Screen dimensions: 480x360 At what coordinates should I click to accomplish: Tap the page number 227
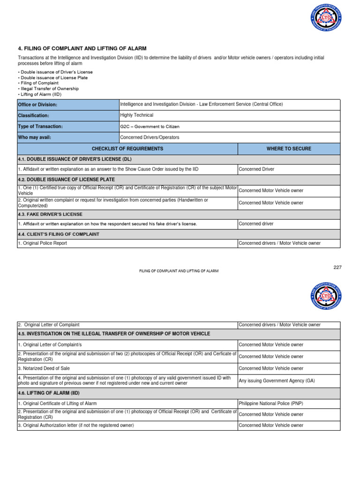[337, 267]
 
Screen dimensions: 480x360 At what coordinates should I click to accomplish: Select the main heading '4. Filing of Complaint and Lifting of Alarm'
[82, 48]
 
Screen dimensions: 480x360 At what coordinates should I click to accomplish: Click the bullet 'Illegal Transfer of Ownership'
[49, 89]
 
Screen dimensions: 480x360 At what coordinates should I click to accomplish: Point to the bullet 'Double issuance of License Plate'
[54, 77]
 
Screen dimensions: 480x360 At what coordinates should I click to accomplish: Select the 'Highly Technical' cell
[137, 115]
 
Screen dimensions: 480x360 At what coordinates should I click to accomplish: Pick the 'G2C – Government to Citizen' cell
[150, 127]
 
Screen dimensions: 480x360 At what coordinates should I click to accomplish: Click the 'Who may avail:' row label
[34, 137]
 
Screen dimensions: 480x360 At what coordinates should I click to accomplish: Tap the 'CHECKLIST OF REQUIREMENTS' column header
[127, 149]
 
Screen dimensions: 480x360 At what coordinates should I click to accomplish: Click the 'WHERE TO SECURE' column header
[289, 149]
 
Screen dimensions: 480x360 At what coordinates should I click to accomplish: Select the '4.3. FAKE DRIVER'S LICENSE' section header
[50, 214]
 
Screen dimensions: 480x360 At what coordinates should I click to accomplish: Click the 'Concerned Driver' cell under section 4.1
[256, 169]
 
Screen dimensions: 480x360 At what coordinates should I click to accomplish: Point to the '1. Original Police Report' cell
[43, 243]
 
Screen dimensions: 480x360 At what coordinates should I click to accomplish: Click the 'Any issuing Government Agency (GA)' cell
[277, 381]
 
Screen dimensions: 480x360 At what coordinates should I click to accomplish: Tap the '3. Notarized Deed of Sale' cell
[44, 368]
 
